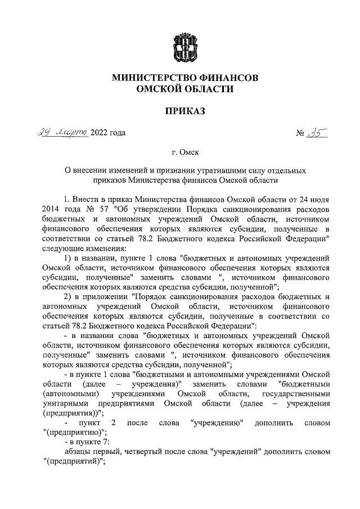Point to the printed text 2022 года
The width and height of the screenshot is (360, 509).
(x=108, y=133)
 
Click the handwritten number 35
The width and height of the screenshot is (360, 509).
(x=317, y=133)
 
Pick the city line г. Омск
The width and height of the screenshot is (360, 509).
(x=185, y=152)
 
